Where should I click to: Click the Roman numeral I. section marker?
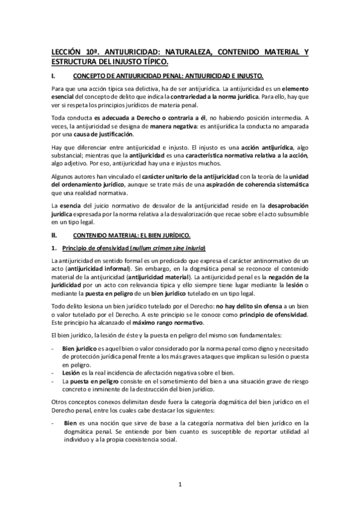click(x=55, y=76)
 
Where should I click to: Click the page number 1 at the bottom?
click(x=180, y=482)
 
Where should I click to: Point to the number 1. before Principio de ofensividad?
click(x=55, y=249)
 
